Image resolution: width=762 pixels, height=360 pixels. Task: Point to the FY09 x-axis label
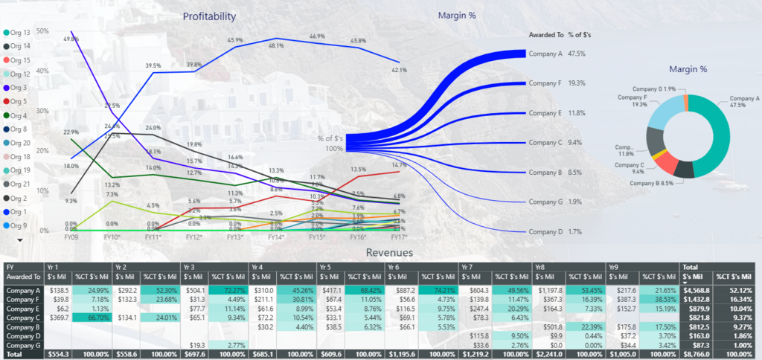[x=71, y=237]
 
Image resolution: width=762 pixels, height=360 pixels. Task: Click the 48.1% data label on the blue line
[x=276, y=46]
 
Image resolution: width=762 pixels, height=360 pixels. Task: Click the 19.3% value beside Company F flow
[x=577, y=83]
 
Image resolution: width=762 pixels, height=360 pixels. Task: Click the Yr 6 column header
[x=393, y=266]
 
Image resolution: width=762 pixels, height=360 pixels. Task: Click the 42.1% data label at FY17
[x=400, y=70]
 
